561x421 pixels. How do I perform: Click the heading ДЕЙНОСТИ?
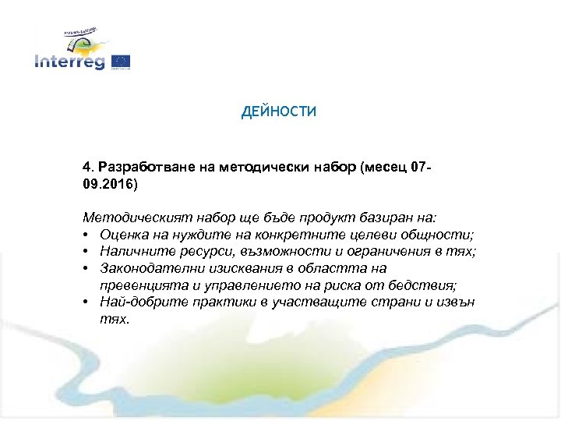(x=279, y=112)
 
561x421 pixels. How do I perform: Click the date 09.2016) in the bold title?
(x=109, y=186)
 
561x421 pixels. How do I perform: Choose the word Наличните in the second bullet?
(x=132, y=250)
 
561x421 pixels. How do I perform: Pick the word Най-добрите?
(x=136, y=302)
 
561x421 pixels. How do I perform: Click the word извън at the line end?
(x=456, y=302)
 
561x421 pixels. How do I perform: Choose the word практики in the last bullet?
(x=212, y=302)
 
